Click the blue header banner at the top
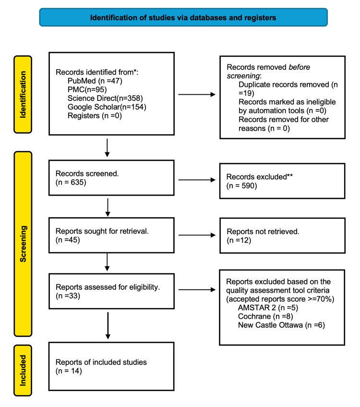point(183,17)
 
